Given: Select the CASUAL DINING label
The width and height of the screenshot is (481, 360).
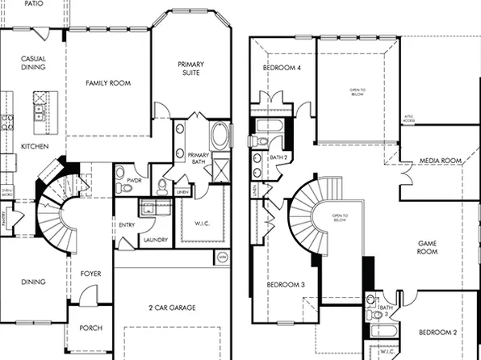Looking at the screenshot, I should coord(33,64).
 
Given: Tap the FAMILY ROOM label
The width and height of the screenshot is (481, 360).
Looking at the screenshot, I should coord(108,83).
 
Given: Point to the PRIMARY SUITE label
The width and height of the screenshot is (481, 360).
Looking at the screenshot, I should coord(191,69).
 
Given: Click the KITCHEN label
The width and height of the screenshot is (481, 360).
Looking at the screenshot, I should coord(35,146).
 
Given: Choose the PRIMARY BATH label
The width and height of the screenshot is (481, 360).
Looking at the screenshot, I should coord(199,158).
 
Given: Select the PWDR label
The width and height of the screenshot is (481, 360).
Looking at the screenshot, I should coord(125,181).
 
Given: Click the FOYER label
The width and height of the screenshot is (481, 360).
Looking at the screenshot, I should coord(91,274).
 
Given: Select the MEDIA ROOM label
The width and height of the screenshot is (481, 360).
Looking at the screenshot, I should coord(440,161).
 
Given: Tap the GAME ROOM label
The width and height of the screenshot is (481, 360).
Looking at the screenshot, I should coord(427,247).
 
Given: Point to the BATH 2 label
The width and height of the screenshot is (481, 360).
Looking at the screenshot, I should coord(278,157).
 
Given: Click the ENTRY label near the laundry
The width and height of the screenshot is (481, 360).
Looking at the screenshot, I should coord(127,225).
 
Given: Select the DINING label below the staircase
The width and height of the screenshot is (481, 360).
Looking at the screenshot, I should coord(33,282).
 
